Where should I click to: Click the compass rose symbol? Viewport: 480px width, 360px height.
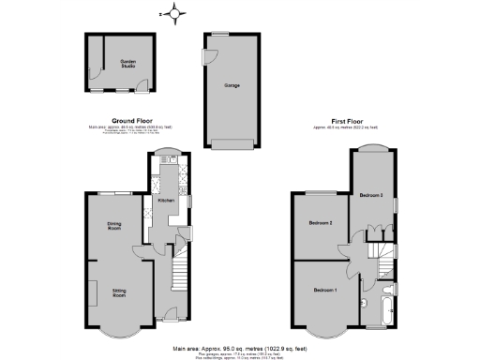coord(173,12)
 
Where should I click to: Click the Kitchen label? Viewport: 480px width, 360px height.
coord(165,201)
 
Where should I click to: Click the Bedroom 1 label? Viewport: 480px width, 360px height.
coord(325,289)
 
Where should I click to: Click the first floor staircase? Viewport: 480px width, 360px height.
coord(379,254)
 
